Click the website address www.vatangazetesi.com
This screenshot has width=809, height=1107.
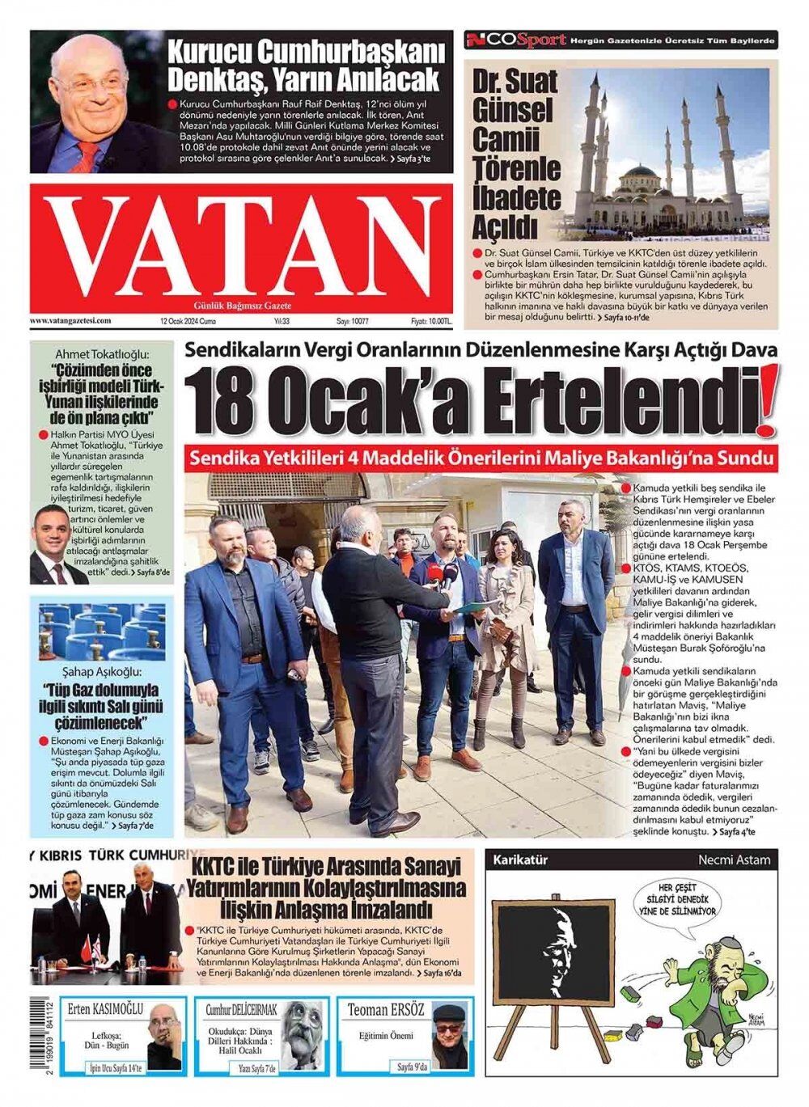click(x=71, y=321)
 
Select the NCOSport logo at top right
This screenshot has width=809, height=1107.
click(x=515, y=40)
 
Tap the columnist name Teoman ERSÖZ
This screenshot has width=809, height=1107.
click(x=385, y=1009)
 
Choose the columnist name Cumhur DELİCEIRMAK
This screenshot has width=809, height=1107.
click(x=241, y=1010)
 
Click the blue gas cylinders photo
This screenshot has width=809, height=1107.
click(x=101, y=631)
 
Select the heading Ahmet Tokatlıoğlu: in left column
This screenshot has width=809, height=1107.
click(x=102, y=354)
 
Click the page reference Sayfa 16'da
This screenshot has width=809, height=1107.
click(x=443, y=974)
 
